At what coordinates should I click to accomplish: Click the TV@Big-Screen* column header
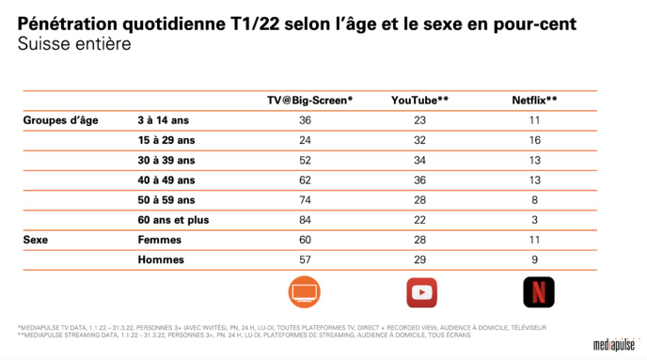pyautogui.click(x=309, y=100)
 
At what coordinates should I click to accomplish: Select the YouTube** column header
pyautogui.click(x=419, y=100)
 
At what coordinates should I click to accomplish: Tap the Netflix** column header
pyautogui.click(x=533, y=100)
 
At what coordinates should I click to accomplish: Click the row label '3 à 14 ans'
pyautogui.click(x=165, y=120)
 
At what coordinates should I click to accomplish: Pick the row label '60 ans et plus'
pyautogui.click(x=173, y=220)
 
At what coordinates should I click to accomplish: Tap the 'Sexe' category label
pyautogui.click(x=36, y=240)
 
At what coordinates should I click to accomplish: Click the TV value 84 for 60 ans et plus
pyautogui.click(x=305, y=220)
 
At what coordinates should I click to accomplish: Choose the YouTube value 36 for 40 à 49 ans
pyautogui.click(x=419, y=180)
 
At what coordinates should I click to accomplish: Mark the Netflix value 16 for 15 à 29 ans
pyautogui.click(x=533, y=140)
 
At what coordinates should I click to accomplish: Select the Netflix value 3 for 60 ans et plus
pyautogui.click(x=533, y=220)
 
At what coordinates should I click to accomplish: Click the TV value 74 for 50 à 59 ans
pyautogui.click(x=305, y=200)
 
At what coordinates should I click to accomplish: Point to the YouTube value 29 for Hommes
pyautogui.click(x=419, y=259)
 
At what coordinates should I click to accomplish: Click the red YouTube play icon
pyautogui.click(x=420, y=292)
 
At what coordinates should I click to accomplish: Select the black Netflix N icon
pyautogui.click(x=538, y=292)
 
